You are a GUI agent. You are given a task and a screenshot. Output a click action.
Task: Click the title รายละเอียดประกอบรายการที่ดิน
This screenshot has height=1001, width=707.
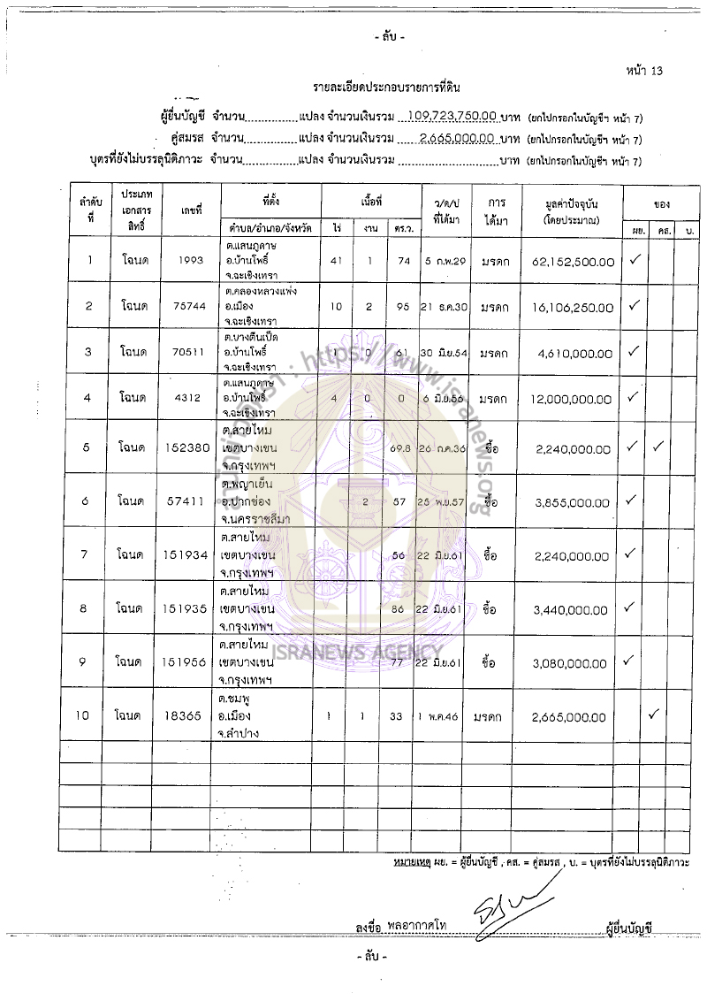coord(387,88)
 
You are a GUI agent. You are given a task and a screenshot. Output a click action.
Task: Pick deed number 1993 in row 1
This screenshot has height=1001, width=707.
coord(191,261)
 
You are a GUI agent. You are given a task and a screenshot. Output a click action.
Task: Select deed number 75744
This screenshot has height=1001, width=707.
coord(191,307)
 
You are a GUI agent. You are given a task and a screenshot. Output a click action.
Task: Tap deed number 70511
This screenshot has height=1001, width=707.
coord(191,353)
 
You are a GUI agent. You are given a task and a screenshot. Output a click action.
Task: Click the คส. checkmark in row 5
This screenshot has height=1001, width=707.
coord(658,447)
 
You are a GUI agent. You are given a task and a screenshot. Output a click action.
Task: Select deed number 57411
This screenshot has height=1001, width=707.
coord(191,500)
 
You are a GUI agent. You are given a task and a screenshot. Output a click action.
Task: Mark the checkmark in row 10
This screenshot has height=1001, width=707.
coord(655,714)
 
